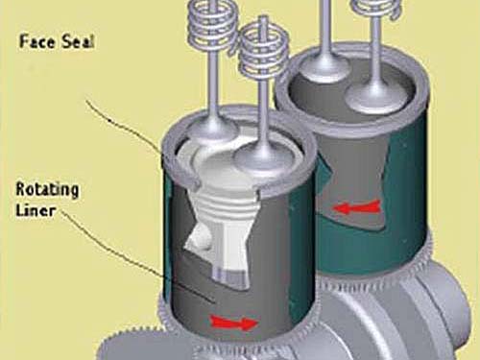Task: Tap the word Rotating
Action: pyautogui.click(x=47, y=190)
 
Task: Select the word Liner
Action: pyautogui.click(x=36, y=211)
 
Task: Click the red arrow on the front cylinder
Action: pyautogui.click(x=234, y=323)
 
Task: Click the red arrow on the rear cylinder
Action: pyautogui.click(x=356, y=208)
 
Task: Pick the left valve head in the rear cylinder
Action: pyautogui.click(x=324, y=70)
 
